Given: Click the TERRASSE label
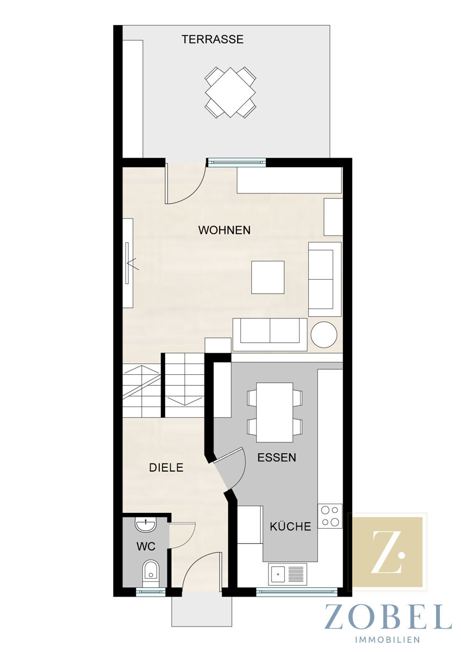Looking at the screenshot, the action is pyautogui.click(x=213, y=39).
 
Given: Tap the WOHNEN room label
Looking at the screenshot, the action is pyautogui.click(x=224, y=230).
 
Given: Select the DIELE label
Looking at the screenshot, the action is pyautogui.click(x=166, y=468).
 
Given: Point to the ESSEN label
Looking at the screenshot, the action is pyautogui.click(x=277, y=457).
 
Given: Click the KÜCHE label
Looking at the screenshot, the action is pyautogui.click(x=290, y=526).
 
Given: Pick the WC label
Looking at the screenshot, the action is pyautogui.click(x=146, y=547).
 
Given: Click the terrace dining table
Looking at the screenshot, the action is pyautogui.click(x=230, y=92).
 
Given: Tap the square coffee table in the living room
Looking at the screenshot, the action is pyautogui.click(x=268, y=277).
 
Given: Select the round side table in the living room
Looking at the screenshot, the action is pyautogui.click(x=324, y=335).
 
